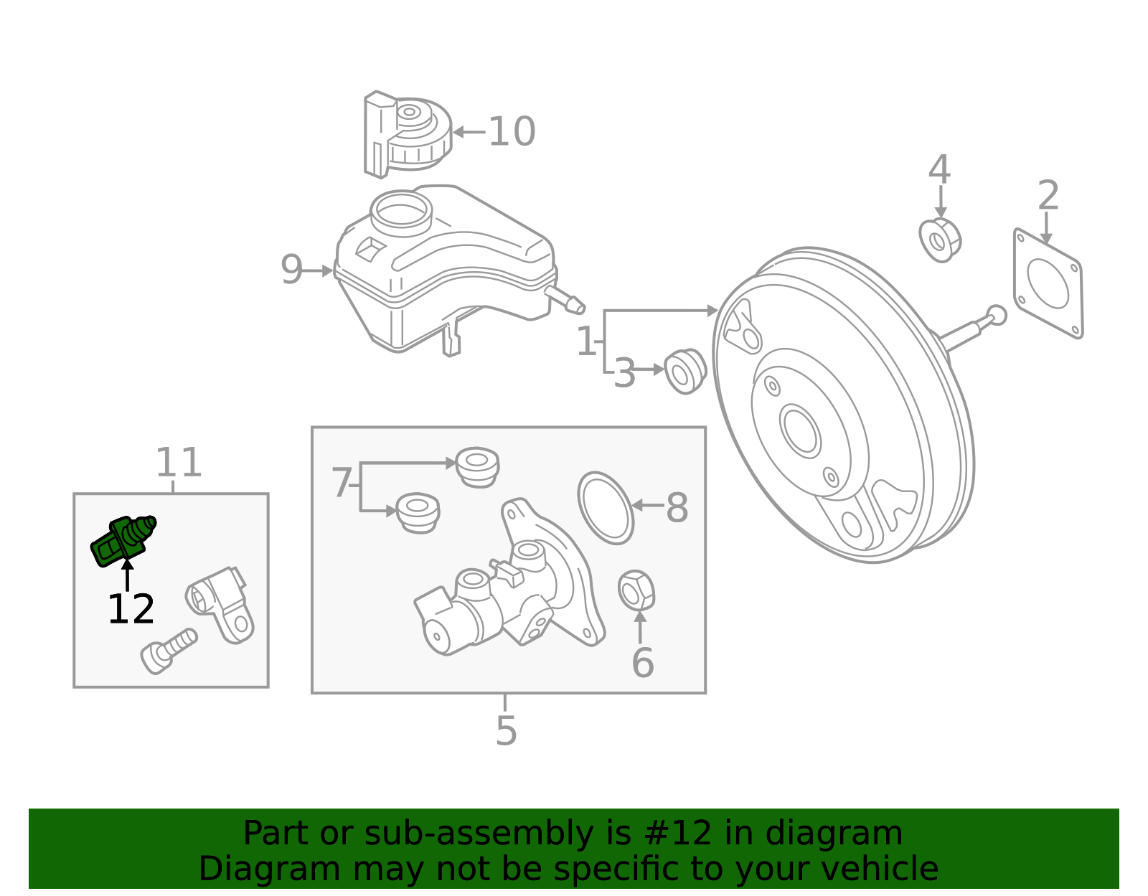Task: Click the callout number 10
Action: pyautogui.click(x=512, y=132)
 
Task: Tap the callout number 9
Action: pyautogui.click(x=291, y=270)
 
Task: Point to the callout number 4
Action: pyautogui.click(x=939, y=171)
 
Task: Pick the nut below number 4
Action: pyautogui.click(x=940, y=240)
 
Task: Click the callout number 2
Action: pyautogui.click(x=1048, y=195)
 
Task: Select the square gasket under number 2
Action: pyautogui.click(x=1048, y=283)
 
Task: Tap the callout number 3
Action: pyautogui.click(x=624, y=374)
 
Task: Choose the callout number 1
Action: pyautogui.click(x=586, y=341)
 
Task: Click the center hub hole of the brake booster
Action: pyautogui.click(x=800, y=430)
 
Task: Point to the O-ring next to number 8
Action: pyautogui.click(x=606, y=507)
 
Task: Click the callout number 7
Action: pyautogui.click(x=342, y=483)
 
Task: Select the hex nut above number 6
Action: pyautogui.click(x=636, y=590)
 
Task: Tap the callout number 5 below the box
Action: pyautogui.click(x=506, y=731)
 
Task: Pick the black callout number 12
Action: pyautogui.click(x=131, y=610)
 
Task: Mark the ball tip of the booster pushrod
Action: pyautogui.click(x=996, y=315)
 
